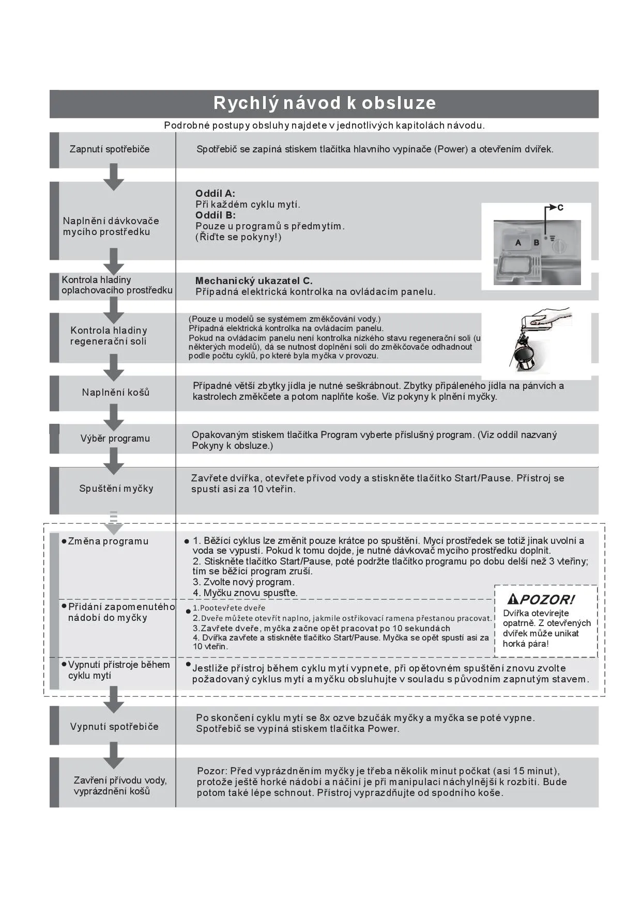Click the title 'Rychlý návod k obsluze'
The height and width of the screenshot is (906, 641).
tap(324, 103)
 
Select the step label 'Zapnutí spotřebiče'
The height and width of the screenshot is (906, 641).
tap(110, 149)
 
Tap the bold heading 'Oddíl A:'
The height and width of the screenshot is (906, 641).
tap(215, 194)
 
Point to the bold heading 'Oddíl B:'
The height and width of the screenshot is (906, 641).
tap(215, 215)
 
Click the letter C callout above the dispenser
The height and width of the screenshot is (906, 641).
tap(560, 208)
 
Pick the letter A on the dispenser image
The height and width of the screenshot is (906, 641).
tap(518, 243)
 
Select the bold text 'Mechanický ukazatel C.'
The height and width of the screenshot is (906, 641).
tap(254, 281)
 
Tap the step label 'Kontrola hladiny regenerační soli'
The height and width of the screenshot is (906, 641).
tap(109, 336)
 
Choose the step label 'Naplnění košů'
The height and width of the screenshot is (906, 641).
tap(116, 393)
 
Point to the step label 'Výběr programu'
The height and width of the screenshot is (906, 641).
tap(115, 439)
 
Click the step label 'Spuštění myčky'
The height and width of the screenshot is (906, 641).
tap(116, 489)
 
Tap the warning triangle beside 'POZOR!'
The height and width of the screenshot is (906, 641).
tap(513, 599)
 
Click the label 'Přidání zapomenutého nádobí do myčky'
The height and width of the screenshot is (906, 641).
tap(120, 612)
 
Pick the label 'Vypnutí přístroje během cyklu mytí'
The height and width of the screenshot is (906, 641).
tap(118, 670)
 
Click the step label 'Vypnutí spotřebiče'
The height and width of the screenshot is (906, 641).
tap(114, 727)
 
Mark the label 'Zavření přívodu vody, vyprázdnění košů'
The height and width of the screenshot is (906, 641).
tap(120, 786)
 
